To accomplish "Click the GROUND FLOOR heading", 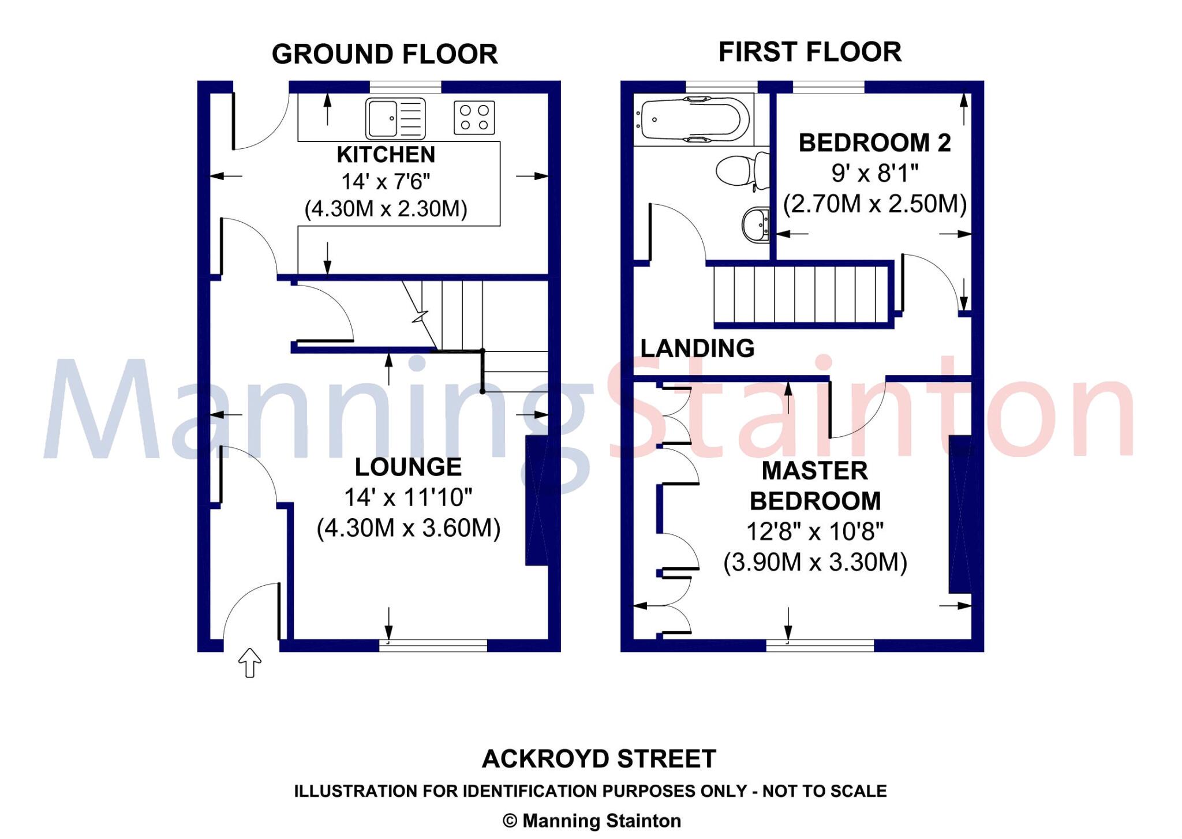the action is tap(385, 54).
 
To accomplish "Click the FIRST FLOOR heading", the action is tap(810, 52).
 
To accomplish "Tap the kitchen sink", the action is tap(395, 119).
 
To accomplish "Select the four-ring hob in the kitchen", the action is tap(474, 118).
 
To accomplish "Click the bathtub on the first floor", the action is tap(692, 119).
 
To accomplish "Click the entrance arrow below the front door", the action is tap(250, 662).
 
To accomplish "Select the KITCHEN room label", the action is tap(386, 155).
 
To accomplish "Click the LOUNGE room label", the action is tap(408, 467).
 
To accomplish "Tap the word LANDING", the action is tap(697, 349).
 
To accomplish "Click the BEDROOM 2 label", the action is tap(874, 143).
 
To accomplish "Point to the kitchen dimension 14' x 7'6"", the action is tap(386, 182).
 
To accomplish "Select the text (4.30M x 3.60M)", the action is tap(409, 528).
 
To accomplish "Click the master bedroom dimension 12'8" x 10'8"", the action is tap(815, 531).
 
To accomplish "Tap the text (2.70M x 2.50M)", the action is tap(875, 204).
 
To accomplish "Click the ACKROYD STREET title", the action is tap(599, 759).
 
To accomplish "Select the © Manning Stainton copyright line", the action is tap(592, 821).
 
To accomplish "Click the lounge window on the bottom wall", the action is tap(433, 645).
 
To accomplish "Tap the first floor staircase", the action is tap(802, 294).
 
